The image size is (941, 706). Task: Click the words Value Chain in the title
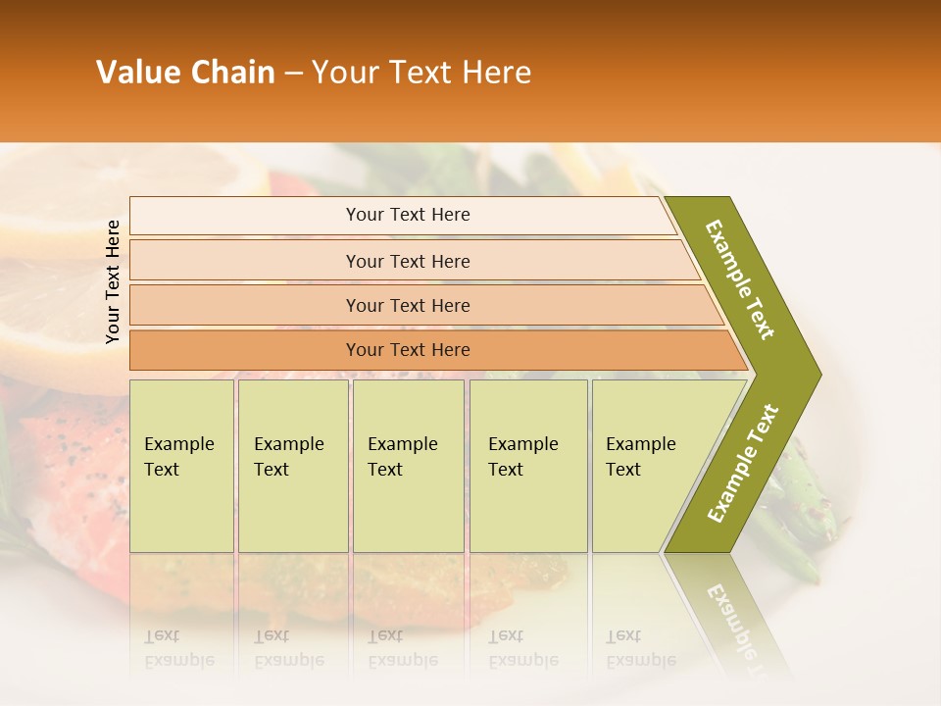(185, 73)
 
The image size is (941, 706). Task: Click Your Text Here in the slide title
(421, 73)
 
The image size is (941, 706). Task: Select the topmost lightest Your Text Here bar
(407, 215)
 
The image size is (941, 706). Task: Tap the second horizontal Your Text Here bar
(407, 261)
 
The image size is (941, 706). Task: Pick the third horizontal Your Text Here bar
(407, 305)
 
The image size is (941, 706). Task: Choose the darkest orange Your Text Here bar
(407, 350)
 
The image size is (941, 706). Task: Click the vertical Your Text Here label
(113, 281)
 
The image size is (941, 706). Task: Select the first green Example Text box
(181, 465)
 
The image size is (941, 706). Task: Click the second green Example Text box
(292, 465)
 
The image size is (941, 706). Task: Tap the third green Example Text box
(408, 465)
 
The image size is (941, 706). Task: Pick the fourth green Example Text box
(527, 465)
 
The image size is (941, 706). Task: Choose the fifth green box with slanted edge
(647, 465)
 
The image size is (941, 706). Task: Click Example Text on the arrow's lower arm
(743, 463)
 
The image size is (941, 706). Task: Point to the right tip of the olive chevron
(819, 375)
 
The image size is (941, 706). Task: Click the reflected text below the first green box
(178, 648)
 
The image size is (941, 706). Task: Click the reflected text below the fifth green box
(640, 648)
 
